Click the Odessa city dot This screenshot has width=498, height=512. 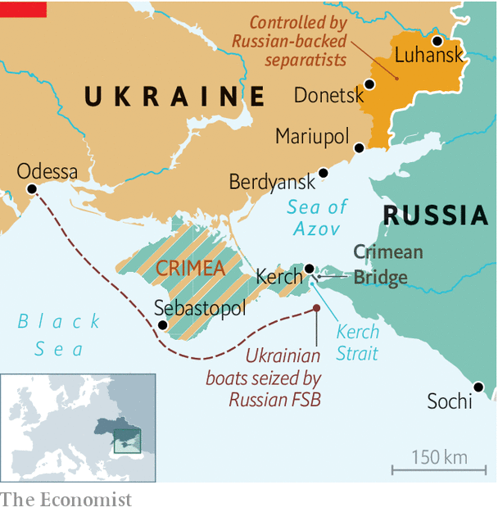click(31, 188)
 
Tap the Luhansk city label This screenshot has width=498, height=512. click(428, 56)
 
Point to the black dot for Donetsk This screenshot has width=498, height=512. click(369, 84)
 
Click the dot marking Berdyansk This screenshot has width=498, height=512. click(324, 173)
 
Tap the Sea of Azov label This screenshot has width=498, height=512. click(317, 218)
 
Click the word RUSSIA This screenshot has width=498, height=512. click(435, 215)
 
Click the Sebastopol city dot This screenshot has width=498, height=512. click(162, 325)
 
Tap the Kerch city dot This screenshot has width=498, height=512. click(309, 268)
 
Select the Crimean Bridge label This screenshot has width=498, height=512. click(387, 265)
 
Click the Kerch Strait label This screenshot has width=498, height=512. click(358, 342)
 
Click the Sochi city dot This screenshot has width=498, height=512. click(478, 386)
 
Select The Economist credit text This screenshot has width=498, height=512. click(66, 499)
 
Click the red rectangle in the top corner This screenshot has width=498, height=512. click(24, 9)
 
